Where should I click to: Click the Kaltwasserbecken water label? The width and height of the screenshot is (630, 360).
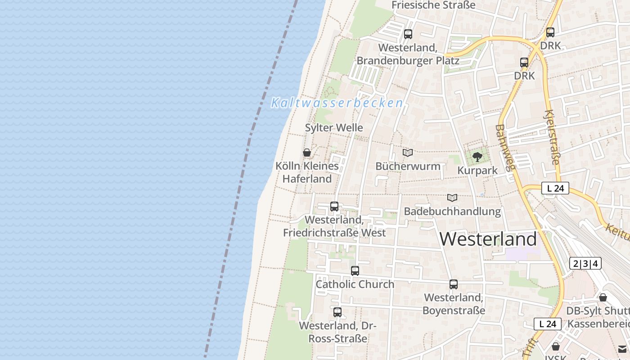(x=337, y=103)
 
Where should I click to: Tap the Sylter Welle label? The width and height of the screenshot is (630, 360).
(x=334, y=128)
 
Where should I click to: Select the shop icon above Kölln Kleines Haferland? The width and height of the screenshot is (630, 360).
(x=307, y=153)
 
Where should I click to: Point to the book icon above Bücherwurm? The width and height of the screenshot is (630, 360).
(x=408, y=153)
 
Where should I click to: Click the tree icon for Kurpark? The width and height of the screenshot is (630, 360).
(x=477, y=157)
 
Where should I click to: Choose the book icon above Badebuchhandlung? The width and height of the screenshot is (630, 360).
(x=452, y=198)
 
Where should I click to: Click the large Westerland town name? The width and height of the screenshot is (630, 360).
(x=488, y=239)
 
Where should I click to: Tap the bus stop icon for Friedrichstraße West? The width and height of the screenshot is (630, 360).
(x=334, y=207)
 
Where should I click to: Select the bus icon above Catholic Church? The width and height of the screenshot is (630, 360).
(x=355, y=271)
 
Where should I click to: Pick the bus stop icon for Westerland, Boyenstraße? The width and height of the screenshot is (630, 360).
(x=454, y=284)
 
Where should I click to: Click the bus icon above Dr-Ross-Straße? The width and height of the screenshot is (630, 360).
(x=337, y=312)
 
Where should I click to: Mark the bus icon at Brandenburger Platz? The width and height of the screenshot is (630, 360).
(x=408, y=34)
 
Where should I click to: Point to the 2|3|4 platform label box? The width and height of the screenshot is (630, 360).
(x=585, y=264)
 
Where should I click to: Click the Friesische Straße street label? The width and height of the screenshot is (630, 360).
(x=433, y=5)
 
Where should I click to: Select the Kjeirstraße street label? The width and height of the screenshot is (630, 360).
(x=553, y=137)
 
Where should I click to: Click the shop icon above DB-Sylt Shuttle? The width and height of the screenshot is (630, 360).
(x=603, y=297)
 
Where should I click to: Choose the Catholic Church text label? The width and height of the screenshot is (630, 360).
(x=355, y=284)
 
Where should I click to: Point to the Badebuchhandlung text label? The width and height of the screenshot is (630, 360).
(x=452, y=211)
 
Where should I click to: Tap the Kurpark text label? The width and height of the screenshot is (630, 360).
(x=477, y=171)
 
